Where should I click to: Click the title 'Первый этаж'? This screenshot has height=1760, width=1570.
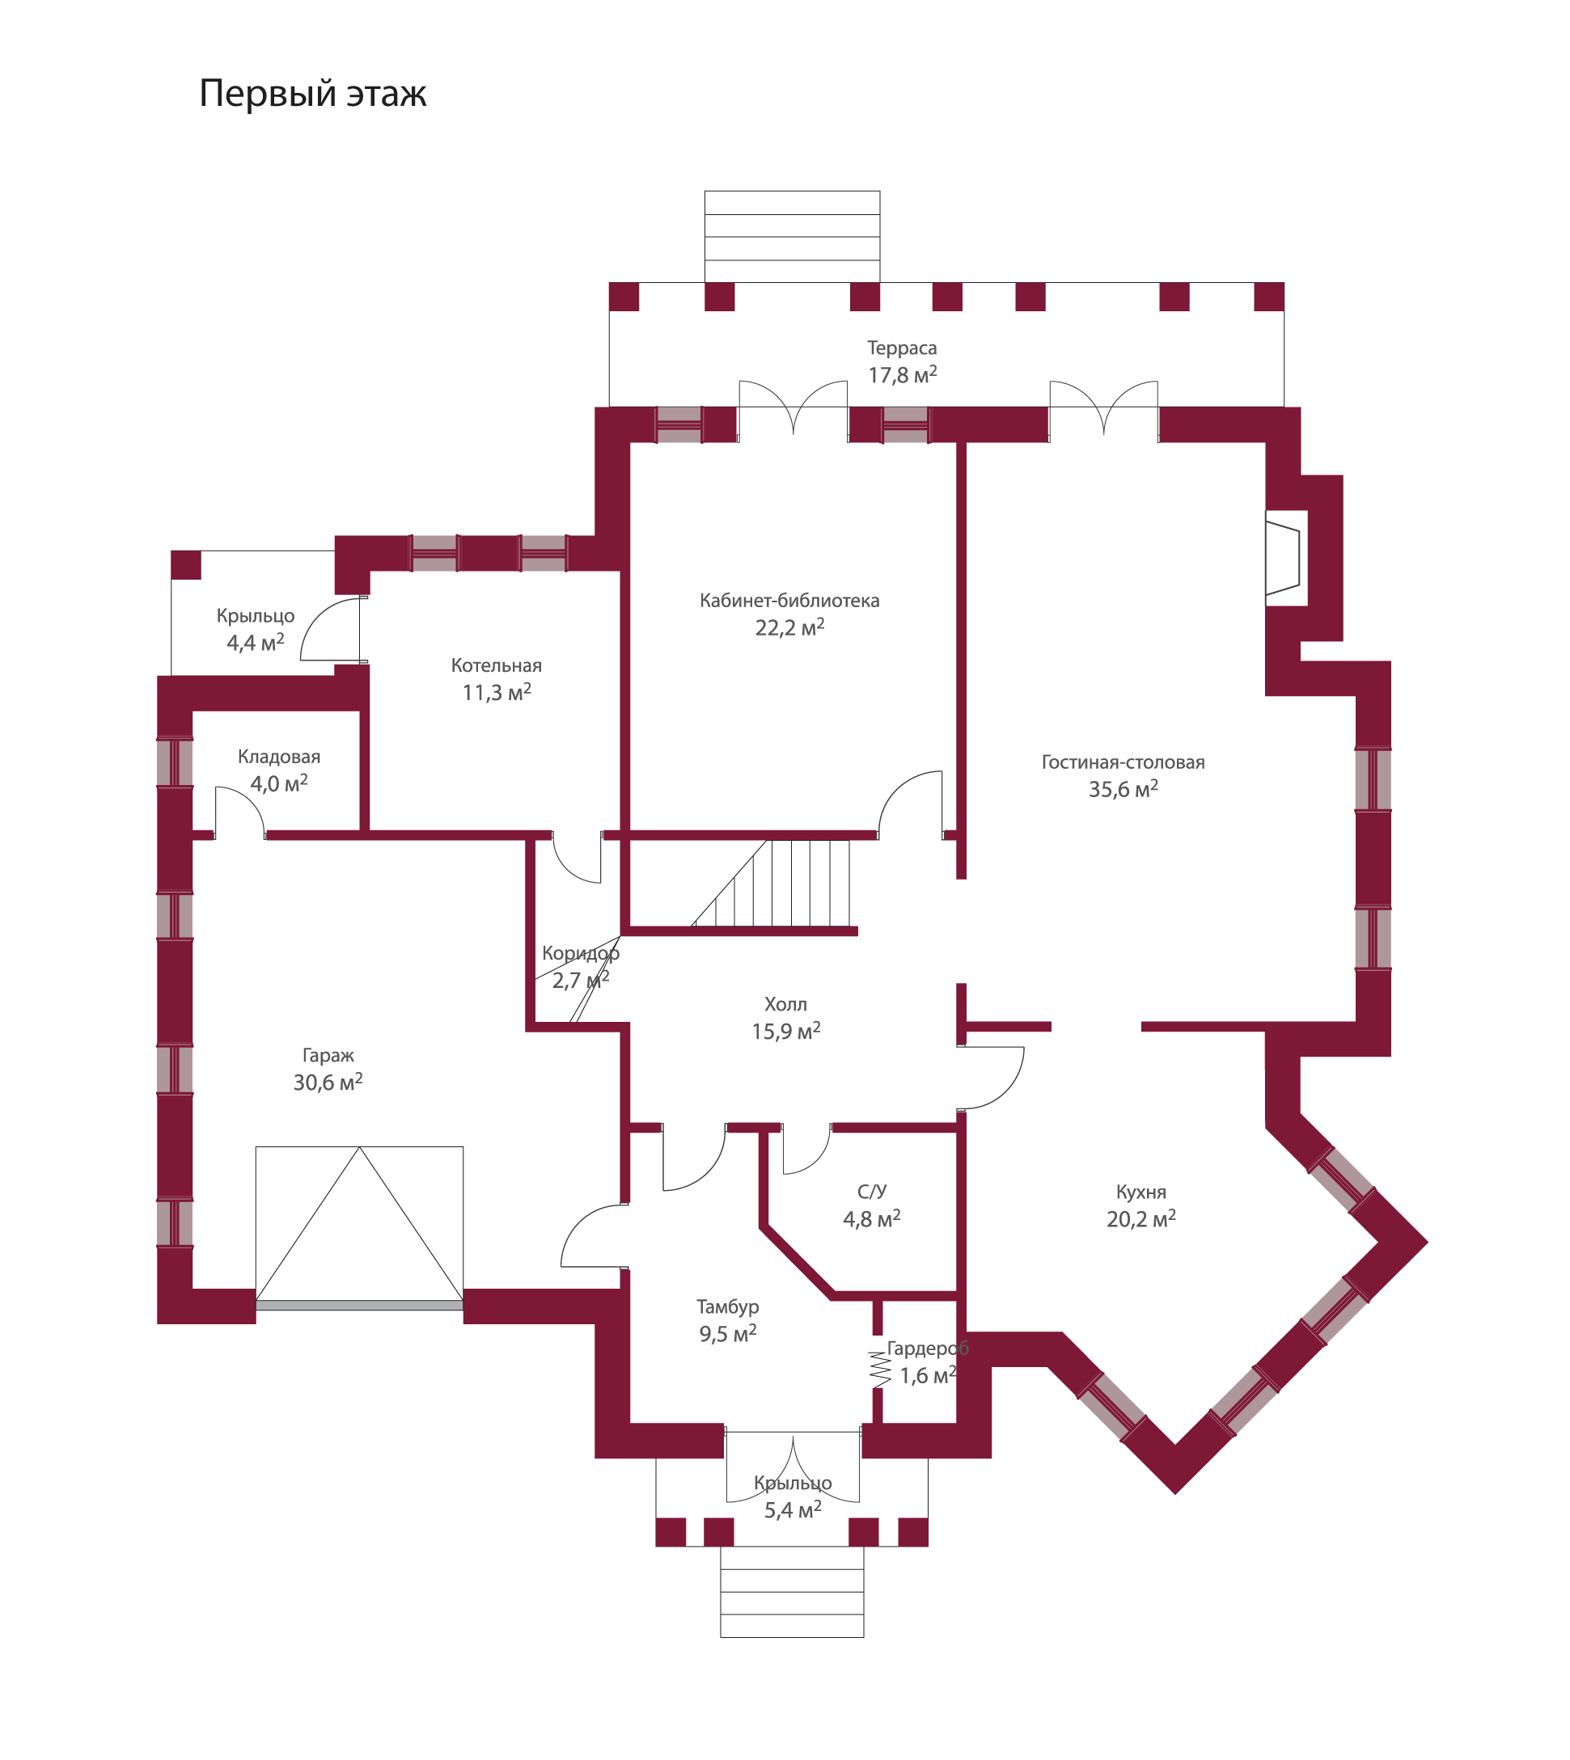tap(312, 93)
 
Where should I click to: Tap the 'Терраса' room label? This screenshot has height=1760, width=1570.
tap(901, 348)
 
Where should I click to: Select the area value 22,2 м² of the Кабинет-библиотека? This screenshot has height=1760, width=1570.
tap(789, 628)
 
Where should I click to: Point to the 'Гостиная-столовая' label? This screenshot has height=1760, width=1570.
tap(1122, 762)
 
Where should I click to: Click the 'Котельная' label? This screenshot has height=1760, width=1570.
tap(496, 665)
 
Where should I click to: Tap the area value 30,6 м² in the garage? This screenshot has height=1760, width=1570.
tap(327, 1083)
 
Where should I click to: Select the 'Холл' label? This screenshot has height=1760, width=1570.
tap(785, 1005)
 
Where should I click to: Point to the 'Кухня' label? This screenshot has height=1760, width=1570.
tap(1140, 1192)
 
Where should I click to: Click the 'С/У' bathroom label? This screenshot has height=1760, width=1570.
tap(871, 1192)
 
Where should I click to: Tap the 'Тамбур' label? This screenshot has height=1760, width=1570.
tap(727, 1307)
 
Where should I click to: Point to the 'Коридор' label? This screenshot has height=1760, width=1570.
tap(581, 954)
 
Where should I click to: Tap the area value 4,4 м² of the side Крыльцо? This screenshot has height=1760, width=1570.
tap(256, 644)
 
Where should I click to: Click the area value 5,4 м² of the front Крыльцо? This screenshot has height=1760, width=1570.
tap(793, 1511)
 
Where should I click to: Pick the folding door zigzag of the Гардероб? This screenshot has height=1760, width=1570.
tap(879, 1369)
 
